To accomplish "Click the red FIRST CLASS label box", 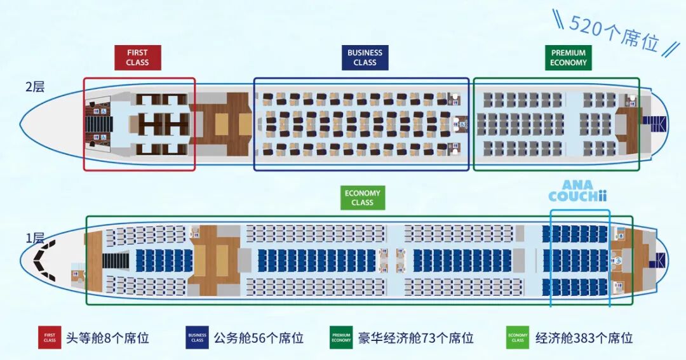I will (137, 58).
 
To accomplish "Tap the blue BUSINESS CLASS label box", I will (365, 58).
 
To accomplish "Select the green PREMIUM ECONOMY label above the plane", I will (568, 58).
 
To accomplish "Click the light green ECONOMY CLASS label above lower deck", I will (362, 197).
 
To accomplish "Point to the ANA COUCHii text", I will (573, 190).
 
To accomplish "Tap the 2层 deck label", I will (35, 87).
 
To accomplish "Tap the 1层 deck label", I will (35, 238).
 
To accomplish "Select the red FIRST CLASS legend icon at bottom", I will (50, 337).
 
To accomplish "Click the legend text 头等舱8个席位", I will (107, 338).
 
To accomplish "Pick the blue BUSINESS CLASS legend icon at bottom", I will (198, 337).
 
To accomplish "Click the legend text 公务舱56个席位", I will (259, 338).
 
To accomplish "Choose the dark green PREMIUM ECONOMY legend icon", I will (341, 337).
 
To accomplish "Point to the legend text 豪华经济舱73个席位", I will (416, 338).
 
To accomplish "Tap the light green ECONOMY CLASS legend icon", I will (518, 337).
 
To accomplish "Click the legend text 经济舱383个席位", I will (584, 338).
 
